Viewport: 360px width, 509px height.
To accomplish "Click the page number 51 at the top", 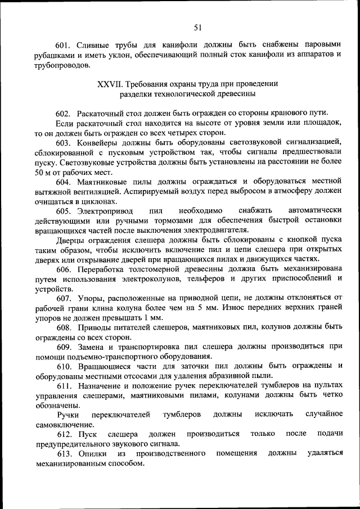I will (x=197, y=27).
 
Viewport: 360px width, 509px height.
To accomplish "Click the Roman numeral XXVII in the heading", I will (x=109, y=83).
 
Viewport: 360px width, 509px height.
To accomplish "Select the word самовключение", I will (x=65, y=424).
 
